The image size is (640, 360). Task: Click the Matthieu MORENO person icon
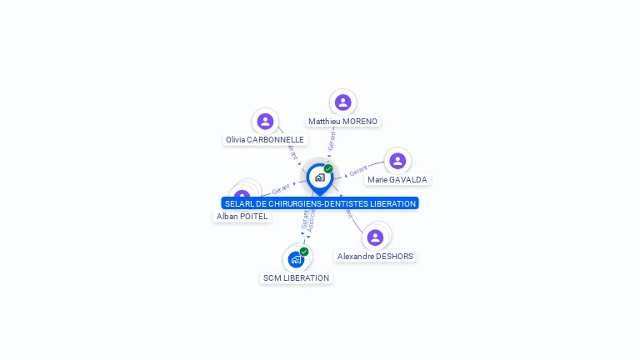pyautogui.click(x=342, y=102)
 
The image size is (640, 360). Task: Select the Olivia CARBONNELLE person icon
pyautogui.click(x=265, y=122)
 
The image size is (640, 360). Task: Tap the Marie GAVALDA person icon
pyautogui.click(x=397, y=161)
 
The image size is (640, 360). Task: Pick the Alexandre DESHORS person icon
pyautogui.click(x=375, y=237)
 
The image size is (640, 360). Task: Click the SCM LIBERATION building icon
pyautogui.click(x=296, y=259)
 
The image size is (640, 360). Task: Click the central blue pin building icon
pyautogui.click(x=319, y=177)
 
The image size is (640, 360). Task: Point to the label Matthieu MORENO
pyautogui.click(x=342, y=122)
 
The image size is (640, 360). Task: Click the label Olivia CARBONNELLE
pyautogui.click(x=265, y=140)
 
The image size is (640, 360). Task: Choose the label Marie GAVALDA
pyautogui.click(x=397, y=180)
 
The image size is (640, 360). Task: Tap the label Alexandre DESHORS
pyautogui.click(x=375, y=257)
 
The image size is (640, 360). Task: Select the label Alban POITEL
pyautogui.click(x=242, y=217)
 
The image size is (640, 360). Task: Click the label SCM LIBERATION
pyautogui.click(x=296, y=278)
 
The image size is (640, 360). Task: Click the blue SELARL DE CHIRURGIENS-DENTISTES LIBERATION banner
pyautogui.click(x=320, y=203)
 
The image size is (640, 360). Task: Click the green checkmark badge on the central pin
pyautogui.click(x=328, y=169)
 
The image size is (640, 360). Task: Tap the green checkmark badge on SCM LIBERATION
pyautogui.click(x=304, y=252)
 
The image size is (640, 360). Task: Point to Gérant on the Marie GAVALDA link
pyautogui.click(x=358, y=172)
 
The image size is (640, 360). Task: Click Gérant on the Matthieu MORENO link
pyautogui.click(x=332, y=140)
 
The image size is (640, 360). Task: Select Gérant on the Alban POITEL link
pyautogui.click(x=281, y=189)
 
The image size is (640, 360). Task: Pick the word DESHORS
pyautogui.click(x=394, y=257)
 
